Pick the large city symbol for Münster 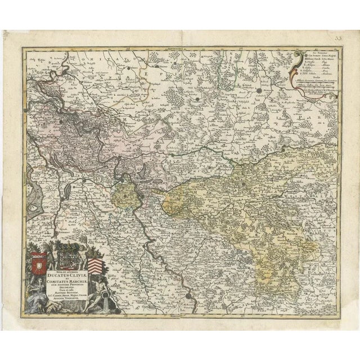259,90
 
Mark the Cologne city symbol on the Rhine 190,295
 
